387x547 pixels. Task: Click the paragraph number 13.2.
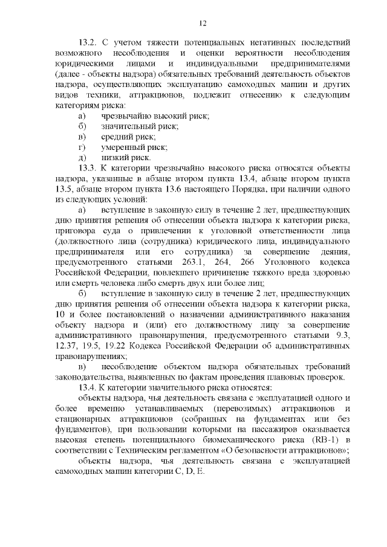(x=88, y=44)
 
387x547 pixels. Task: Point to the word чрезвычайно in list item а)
(x=129, y=115)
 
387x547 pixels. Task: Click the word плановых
(x=290, y=378)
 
